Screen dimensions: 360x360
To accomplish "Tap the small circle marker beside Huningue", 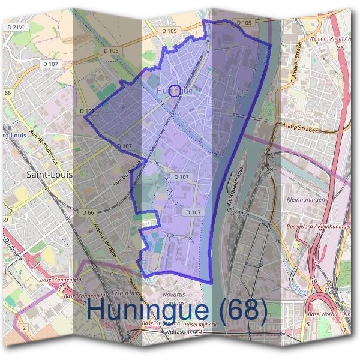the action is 175,91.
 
